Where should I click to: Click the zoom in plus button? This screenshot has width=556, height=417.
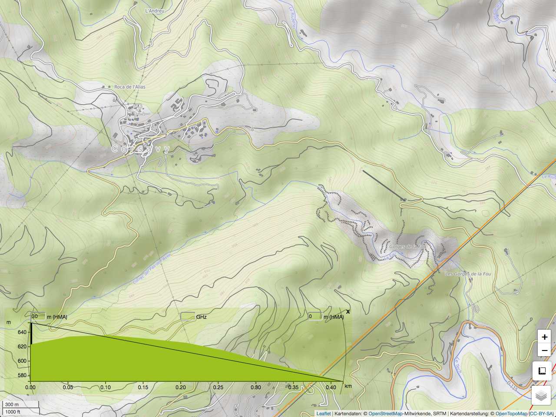coord(544,337)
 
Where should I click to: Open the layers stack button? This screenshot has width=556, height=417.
coord(541,396)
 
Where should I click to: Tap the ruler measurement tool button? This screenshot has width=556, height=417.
coord(541,371)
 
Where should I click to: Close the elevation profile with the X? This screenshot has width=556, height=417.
coord(348,311)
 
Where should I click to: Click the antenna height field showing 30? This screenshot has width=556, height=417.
coord(38,316)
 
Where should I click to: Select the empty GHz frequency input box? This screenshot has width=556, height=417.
coord(188,316)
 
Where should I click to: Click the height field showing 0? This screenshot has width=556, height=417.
coord(315,316)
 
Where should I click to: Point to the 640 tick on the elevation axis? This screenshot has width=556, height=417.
coord(22,332)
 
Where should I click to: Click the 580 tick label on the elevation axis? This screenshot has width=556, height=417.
coord(22,375)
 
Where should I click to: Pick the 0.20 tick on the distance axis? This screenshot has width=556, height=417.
coord(181,387)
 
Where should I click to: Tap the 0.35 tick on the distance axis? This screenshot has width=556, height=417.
coord(293,387)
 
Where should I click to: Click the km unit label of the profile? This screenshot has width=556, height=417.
coord(348,386)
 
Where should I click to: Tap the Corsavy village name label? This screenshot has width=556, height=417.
coord(141,149)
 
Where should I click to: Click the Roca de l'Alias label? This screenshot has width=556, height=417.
coord(130,87)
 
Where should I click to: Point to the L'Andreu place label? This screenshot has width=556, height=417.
coord(155,10)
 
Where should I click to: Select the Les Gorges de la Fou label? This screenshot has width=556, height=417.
coord(468,274)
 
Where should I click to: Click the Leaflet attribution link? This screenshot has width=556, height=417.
coord(323,414)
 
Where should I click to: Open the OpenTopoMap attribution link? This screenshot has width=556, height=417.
coord(511,414)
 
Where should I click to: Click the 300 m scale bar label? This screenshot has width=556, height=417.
coord(12,404)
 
